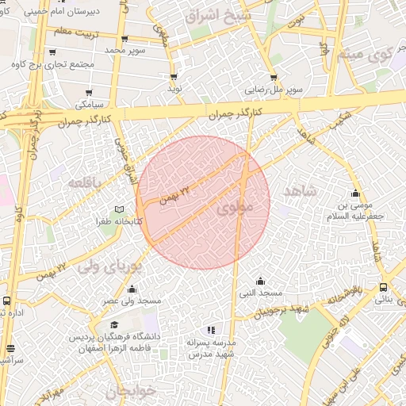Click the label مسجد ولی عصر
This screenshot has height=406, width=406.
[x=132, y=302]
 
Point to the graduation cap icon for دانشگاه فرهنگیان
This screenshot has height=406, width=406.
[x=114, y=326]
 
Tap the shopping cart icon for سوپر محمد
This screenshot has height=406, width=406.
[x=125, y=38]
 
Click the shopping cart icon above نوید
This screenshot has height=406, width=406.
[x=174, y=77]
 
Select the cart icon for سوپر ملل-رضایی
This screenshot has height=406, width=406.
[x=274, y=78]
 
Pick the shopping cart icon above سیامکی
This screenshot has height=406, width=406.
[x=88, y=92]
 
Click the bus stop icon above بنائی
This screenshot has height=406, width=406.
[x=383, y=287]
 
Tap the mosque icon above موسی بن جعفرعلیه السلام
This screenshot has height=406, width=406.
[x=355, y=193]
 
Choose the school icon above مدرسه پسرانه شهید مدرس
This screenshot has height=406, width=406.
[x=210, y=330]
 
